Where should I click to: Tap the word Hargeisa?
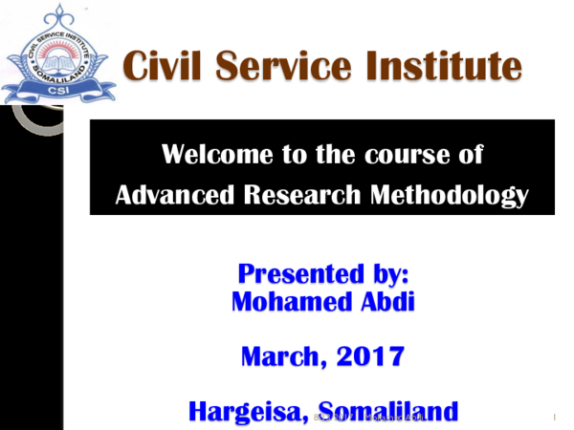coord(248,412)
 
